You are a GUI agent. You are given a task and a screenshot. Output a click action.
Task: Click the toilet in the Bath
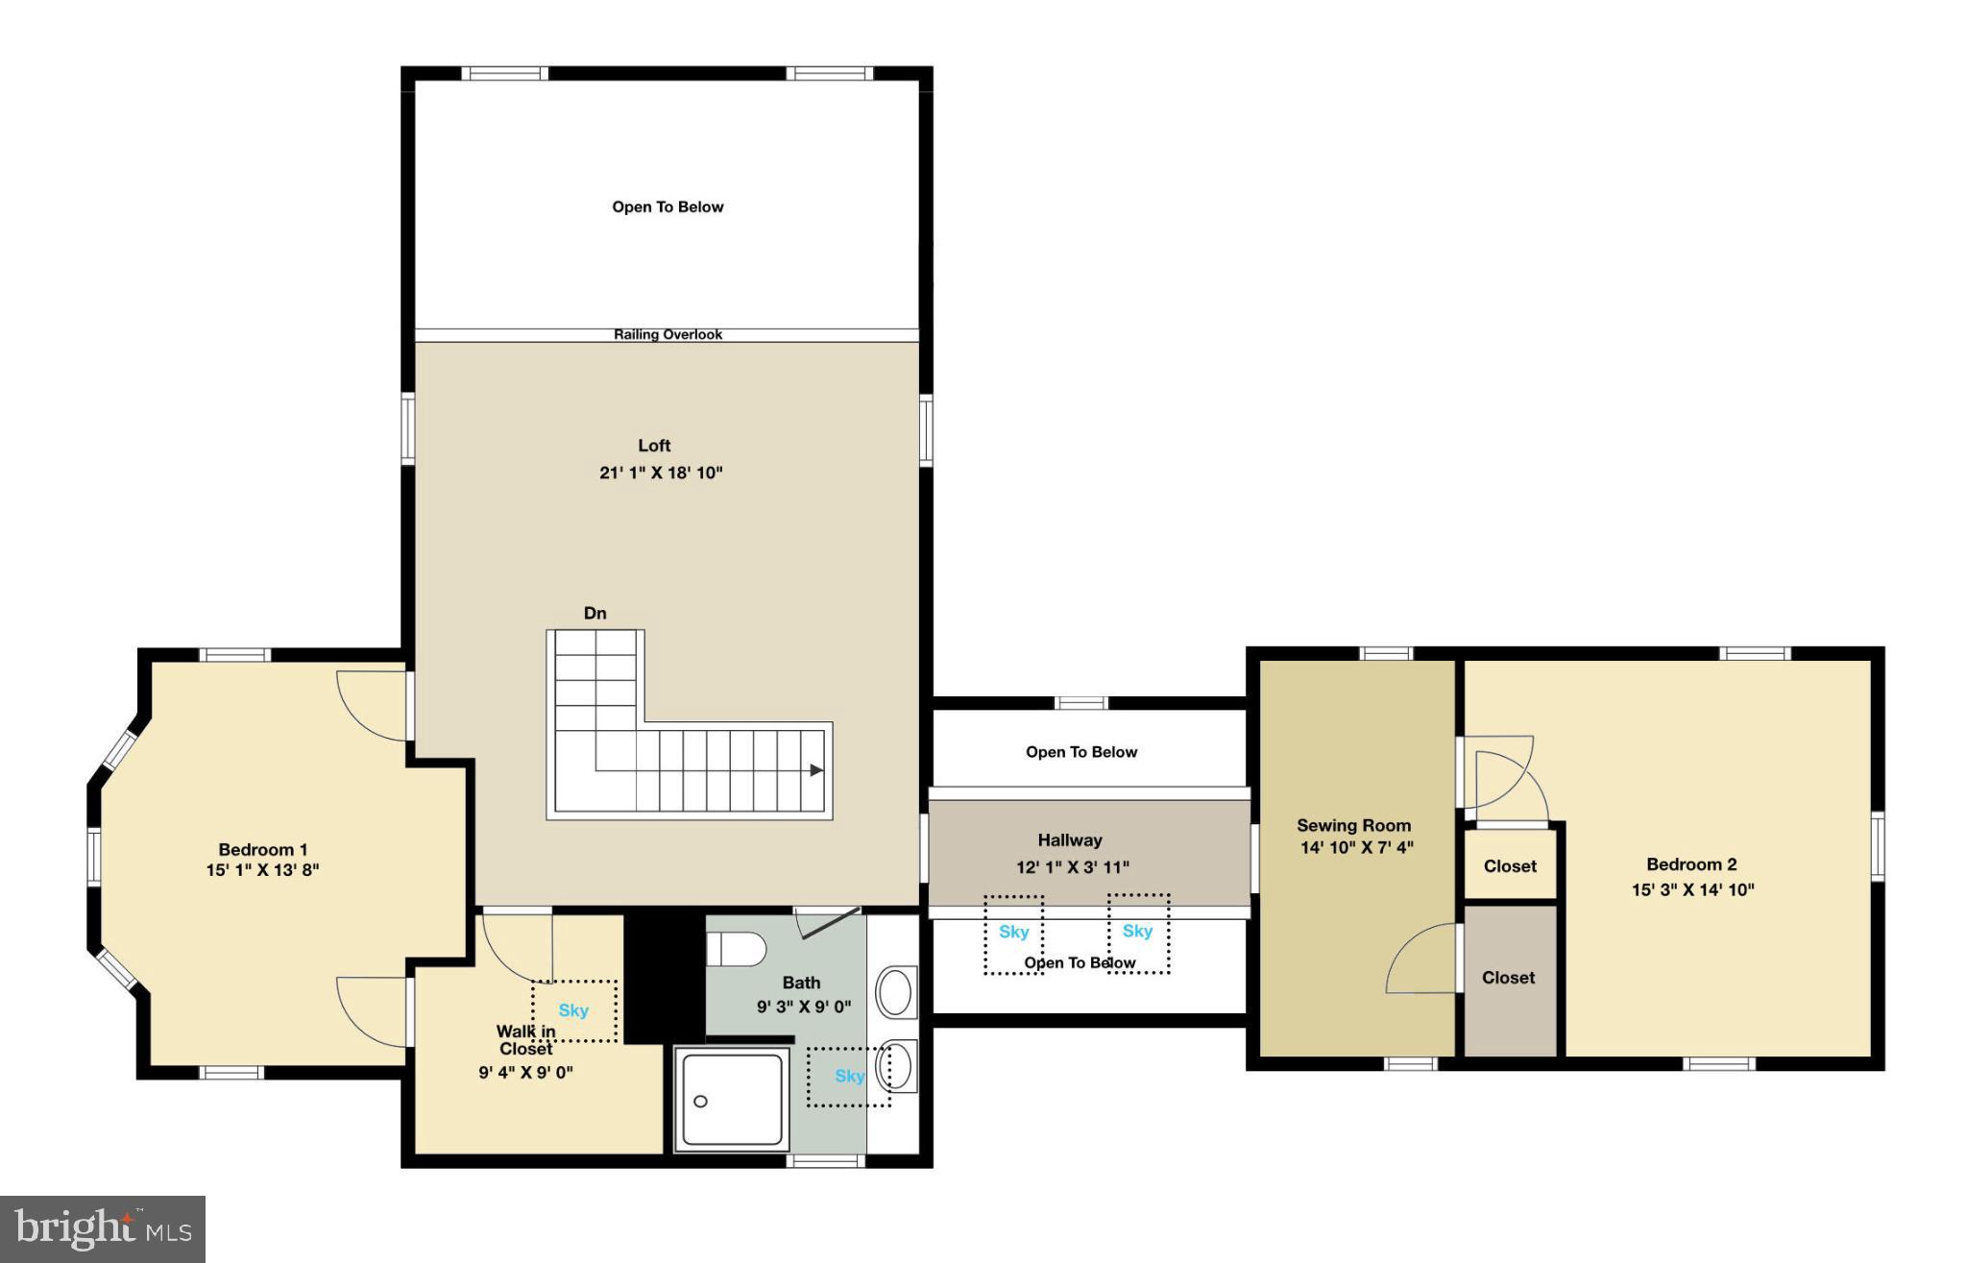pyautogui.click(x=738, y=950)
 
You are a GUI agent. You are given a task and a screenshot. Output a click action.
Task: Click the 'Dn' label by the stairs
pyautogui.click(x=595, y=614)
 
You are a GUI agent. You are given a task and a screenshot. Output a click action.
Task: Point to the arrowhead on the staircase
pyautogui.click(x=816, y=769)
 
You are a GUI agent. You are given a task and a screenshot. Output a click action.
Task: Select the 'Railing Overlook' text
pyautogui.click(x=667, y=335)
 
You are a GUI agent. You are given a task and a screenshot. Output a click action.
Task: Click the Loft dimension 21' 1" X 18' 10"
pyautogui.click(x=661, y=473)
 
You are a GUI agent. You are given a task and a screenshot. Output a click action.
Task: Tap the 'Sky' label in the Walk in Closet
pyautogui.click(x=573, y=1010)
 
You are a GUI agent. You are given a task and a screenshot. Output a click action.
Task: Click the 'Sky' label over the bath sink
pyautogui.click(x=849, y=1077)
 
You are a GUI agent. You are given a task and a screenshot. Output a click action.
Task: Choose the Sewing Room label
pyautogui.click(x=1353, y=825)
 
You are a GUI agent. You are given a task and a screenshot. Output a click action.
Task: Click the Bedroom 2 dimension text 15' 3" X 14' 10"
pyautogui.click(x=1692, y=890)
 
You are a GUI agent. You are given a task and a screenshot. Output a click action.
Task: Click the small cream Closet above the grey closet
pyautogui.click(x=1510, y=866)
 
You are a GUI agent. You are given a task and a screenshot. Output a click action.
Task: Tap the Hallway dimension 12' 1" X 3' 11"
pyautogui.click(x=1073, y=867)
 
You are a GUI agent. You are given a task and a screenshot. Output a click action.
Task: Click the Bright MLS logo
pyautogui.click(x=103, y=1228)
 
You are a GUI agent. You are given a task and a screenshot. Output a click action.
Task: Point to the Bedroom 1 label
pyautogui.click(x=263, y=850)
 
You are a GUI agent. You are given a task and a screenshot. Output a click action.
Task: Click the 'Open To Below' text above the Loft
pyautogui.click(x=667, y=207)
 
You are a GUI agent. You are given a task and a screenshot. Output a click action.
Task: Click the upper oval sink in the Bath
pyautogui.click(x=895, y=992)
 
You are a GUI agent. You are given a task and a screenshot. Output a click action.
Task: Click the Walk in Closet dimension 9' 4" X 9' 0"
pyautogui.click(x=525, y=1073)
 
